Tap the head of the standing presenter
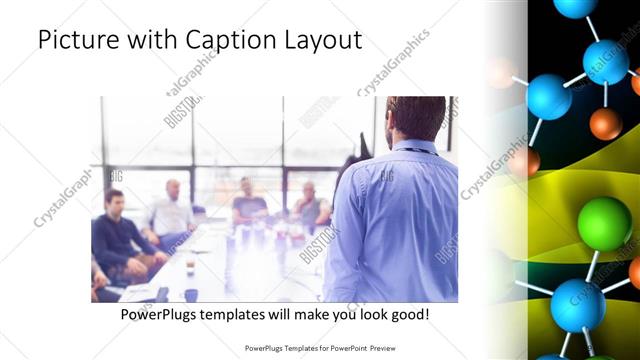pos(414,117)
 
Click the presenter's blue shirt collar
pos(412,147)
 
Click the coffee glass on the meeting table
pos(190,268)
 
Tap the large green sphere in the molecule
pos(604,223)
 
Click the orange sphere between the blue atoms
pos(605,124)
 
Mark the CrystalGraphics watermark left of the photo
pos(62,196)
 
